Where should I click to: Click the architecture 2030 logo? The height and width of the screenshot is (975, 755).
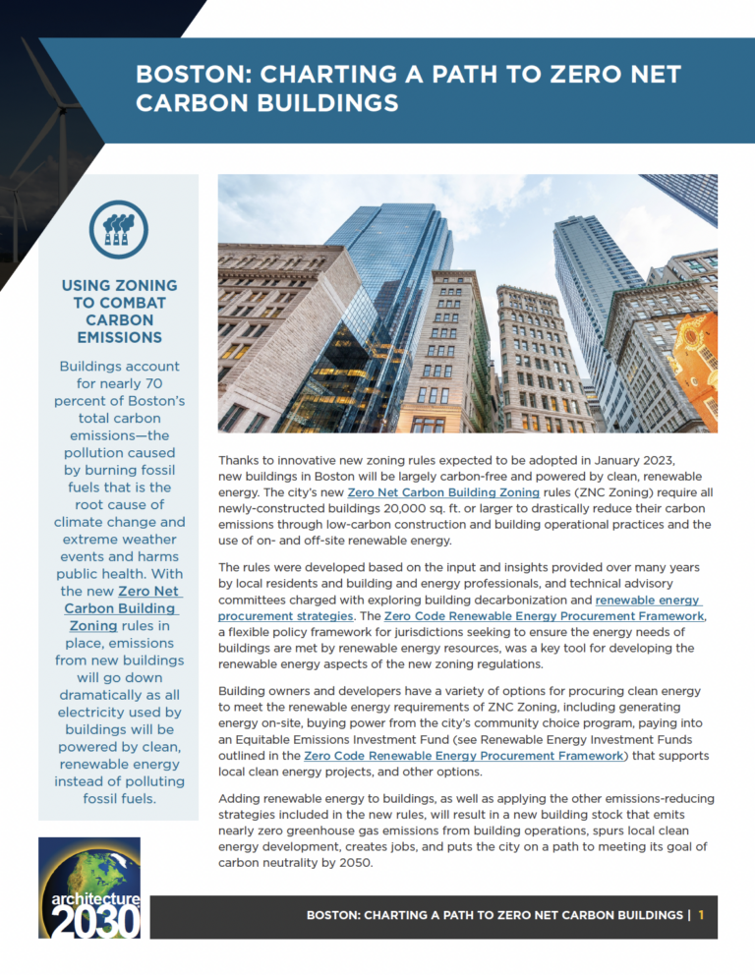(89, 887)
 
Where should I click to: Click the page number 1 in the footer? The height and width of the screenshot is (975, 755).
(702, 915)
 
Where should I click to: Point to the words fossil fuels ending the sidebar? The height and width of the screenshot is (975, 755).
(119, 797)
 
